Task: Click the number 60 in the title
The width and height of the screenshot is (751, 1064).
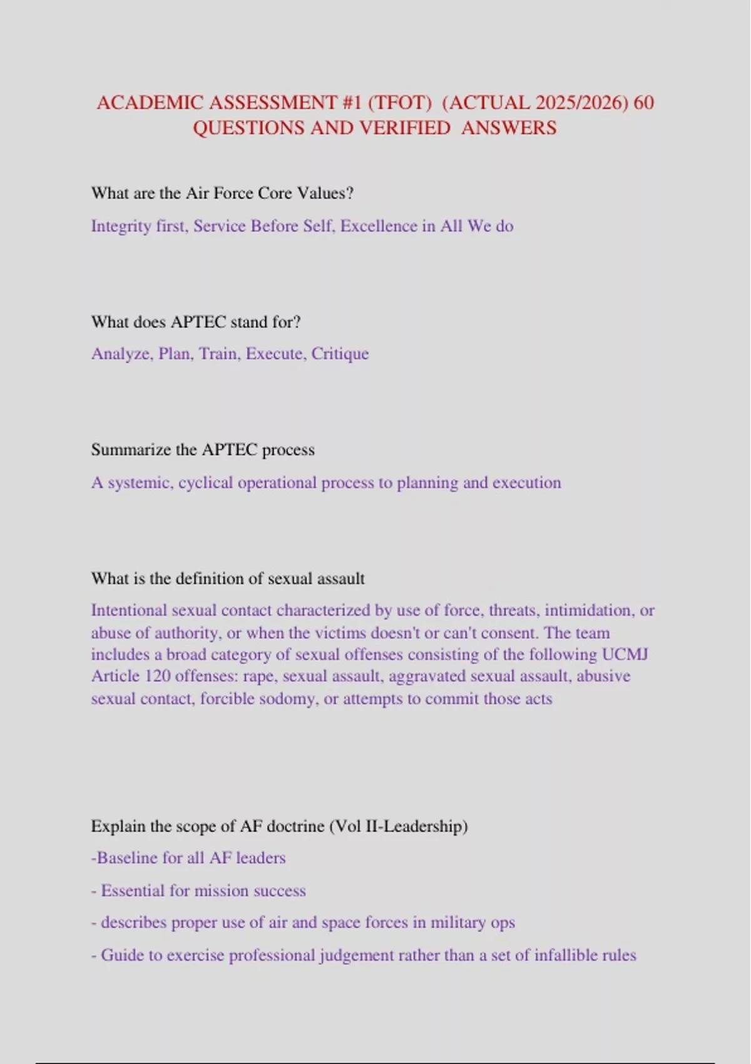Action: (643, 102)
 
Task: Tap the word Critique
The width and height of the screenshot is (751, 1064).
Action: (340, 354)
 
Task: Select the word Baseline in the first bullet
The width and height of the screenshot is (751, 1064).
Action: (127, 858)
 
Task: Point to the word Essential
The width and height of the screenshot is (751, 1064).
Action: (133, 891)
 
